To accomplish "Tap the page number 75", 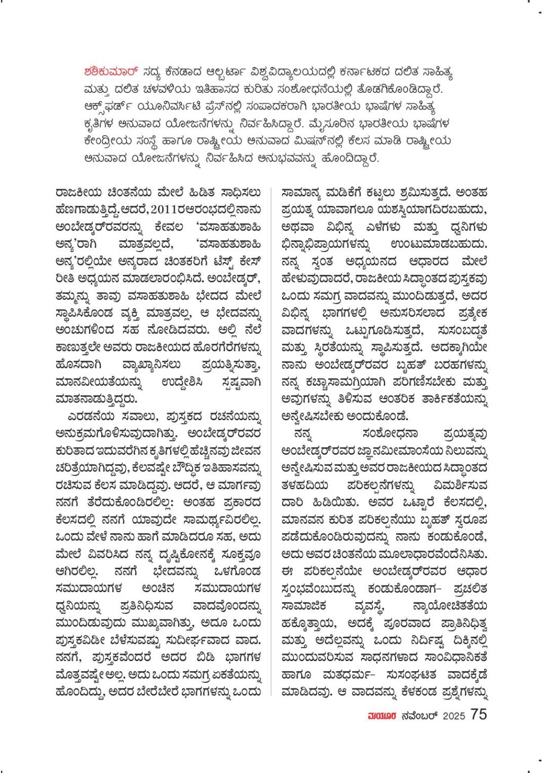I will click(479, 714).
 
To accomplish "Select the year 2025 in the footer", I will click(455, 715).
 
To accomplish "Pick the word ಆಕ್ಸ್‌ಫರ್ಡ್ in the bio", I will click(110, 107).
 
